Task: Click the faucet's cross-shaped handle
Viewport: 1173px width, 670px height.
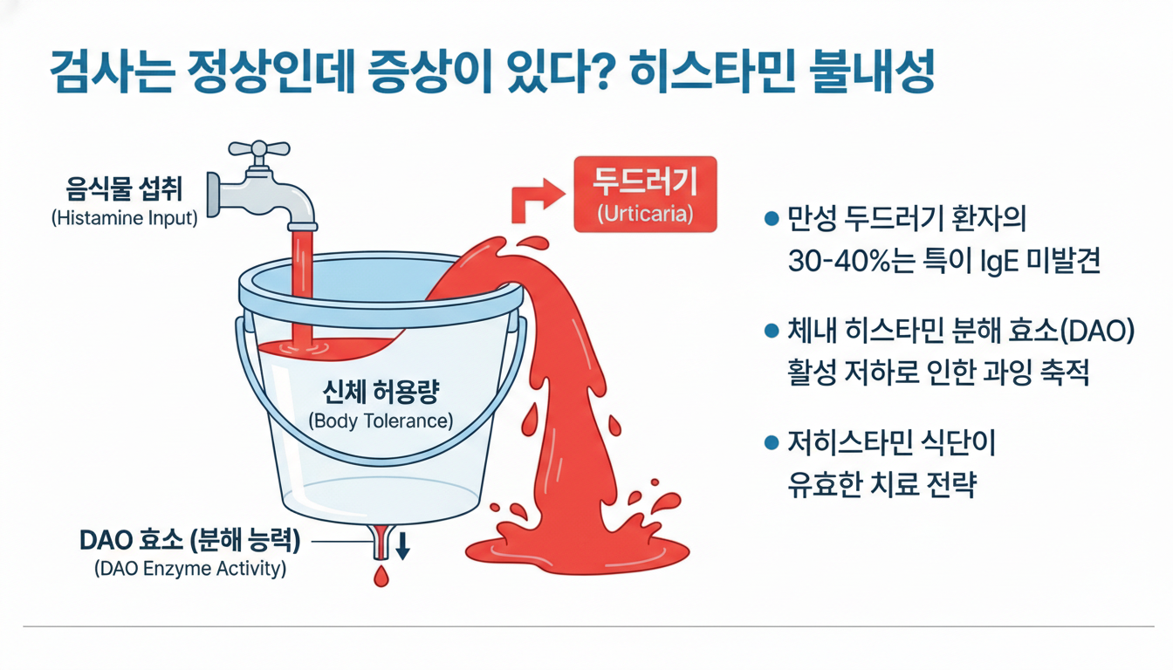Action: tap(259, 150)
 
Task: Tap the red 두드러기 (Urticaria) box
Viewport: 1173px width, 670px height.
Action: tap(645, 195)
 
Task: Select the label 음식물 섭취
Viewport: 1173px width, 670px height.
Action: tap(124, 188)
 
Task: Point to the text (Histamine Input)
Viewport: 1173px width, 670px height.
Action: tap(125, 218)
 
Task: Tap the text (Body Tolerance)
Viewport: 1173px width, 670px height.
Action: tap(381, 420)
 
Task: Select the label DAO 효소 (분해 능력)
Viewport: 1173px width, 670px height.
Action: tap(189, 541)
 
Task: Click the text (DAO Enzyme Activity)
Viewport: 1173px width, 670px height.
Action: tap(189, 570)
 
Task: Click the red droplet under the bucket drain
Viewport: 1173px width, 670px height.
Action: tap(381, 577)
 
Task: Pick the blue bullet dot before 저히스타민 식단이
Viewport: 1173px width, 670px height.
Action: tap(771, 442)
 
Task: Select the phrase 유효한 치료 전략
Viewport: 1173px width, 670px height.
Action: tap(881, 485)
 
